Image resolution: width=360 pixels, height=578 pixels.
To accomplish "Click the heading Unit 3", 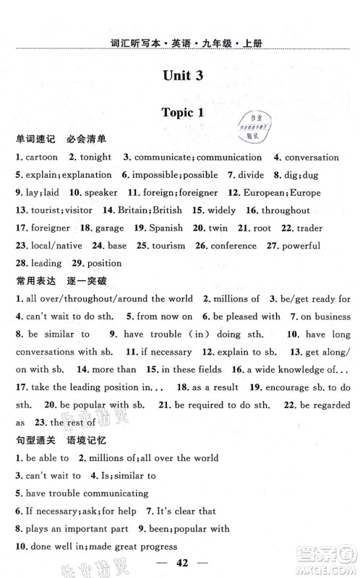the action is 179,77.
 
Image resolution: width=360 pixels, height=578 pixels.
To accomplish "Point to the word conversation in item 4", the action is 312,157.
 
